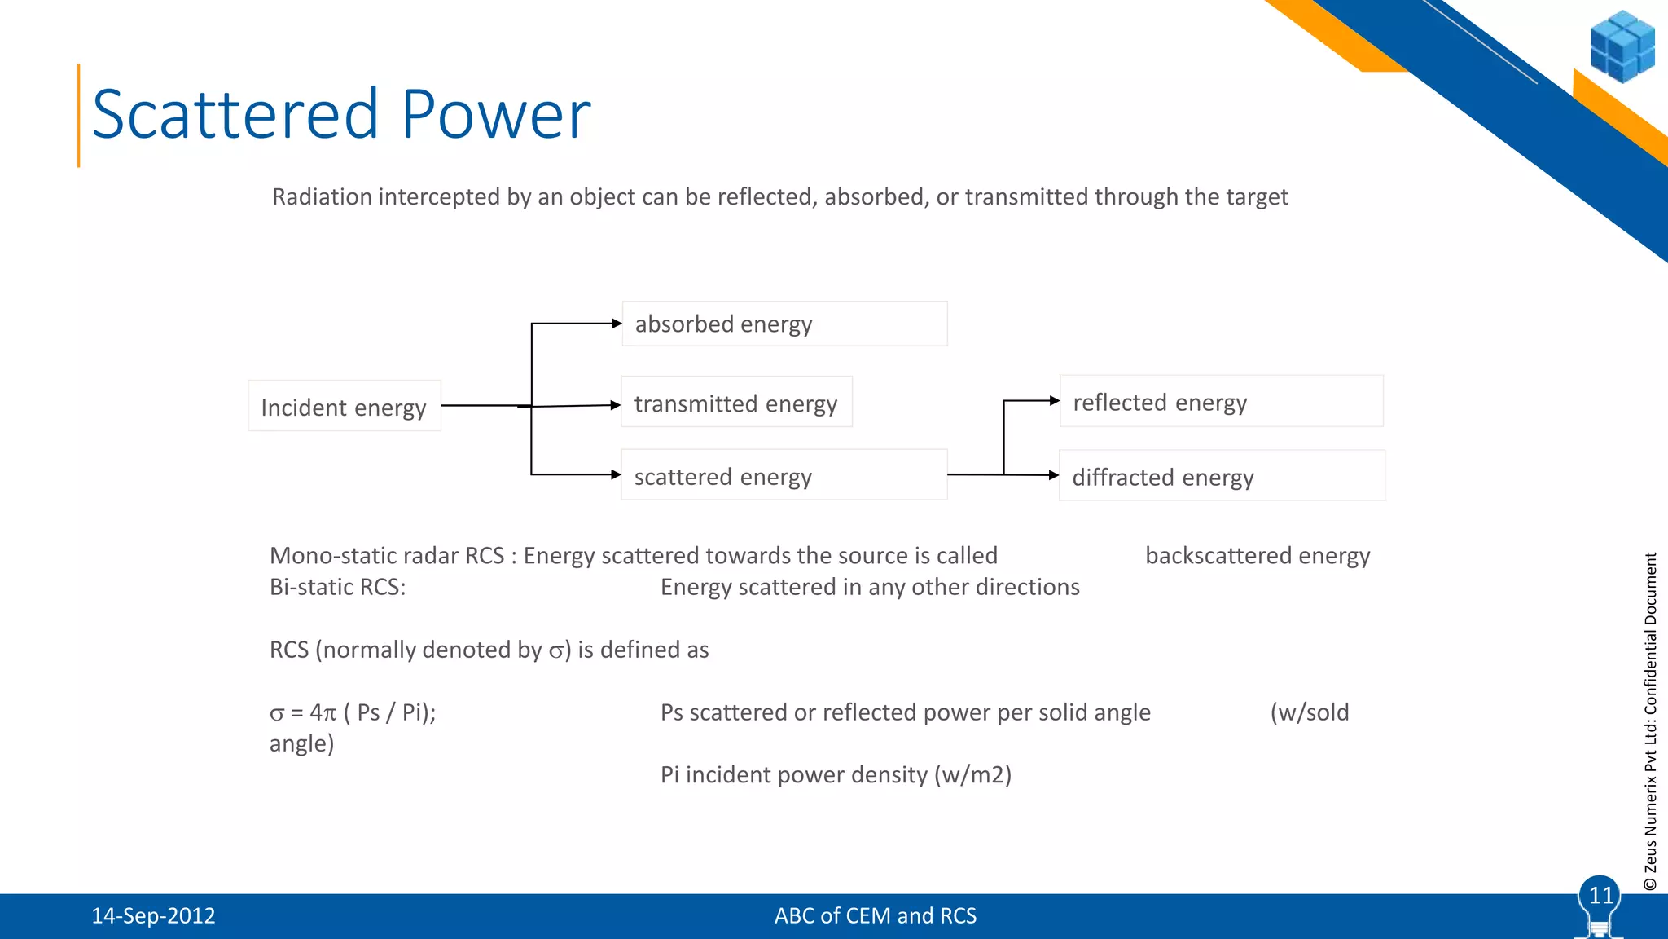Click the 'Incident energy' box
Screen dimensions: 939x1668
coord(344,406)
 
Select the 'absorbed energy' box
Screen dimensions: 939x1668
coord(784,324)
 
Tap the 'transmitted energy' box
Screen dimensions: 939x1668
coord(736,402)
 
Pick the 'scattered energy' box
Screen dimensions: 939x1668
coord(784,474)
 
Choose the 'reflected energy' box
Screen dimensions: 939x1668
coord(1221,401)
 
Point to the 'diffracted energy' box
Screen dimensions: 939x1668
coord(1221,475)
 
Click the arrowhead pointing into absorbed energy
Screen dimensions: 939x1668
coord(617,324)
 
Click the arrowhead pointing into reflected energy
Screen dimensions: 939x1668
coord(1055,400)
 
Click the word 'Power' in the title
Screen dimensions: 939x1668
coord(496,115)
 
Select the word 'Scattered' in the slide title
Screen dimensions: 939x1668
coord(236,115)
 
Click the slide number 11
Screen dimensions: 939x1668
coord(1600,896)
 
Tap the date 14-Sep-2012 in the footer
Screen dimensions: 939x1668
coord(153,916)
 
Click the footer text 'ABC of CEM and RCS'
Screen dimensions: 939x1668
coord(875,916)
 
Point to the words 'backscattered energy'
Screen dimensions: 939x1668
coord(1257,556)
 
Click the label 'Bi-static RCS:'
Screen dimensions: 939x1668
coord(337,588)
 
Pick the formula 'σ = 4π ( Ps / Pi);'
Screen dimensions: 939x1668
coord(353,713)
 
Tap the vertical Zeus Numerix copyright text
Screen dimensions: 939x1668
coord(1650,721)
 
